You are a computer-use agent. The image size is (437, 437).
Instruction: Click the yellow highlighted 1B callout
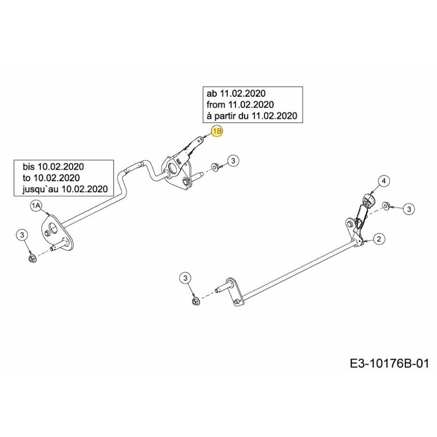217,131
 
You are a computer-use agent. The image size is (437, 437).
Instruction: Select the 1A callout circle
36,205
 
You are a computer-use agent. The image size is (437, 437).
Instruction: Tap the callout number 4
383,181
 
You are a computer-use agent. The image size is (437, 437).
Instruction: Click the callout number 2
379,238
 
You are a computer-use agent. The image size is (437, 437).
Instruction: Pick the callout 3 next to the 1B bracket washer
233,161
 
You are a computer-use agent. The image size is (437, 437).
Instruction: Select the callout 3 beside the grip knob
409,208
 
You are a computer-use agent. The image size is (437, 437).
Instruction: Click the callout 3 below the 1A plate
22,235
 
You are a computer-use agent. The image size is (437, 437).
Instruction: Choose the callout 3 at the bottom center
185,279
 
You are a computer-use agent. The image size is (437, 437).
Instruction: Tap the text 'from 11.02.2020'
240,104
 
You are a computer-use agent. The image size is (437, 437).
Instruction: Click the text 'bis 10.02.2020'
54,166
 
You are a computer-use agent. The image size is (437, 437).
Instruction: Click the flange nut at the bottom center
195,302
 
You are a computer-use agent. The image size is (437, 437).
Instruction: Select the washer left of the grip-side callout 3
385,206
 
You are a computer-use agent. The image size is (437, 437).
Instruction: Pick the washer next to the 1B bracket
215,166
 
